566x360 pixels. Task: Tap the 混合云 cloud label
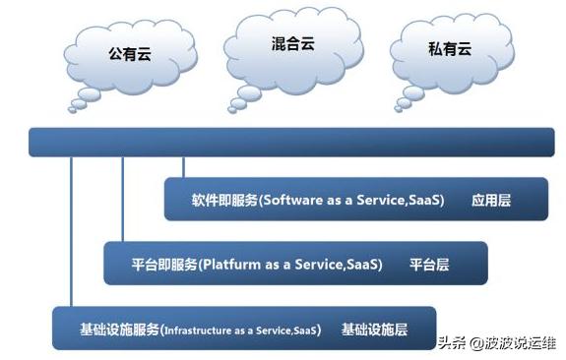pos(292,44)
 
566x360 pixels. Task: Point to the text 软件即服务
pos(224,200)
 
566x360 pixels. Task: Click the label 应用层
pos(492,200)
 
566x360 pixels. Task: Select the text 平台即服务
pos(164,265)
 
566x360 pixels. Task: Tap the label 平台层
pos(429,265)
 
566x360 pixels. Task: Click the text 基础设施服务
pos(119,329)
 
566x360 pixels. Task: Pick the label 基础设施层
pos(375,329)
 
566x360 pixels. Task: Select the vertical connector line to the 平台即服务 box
pos(122,197)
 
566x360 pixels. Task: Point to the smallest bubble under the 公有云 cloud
pos(76,106)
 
